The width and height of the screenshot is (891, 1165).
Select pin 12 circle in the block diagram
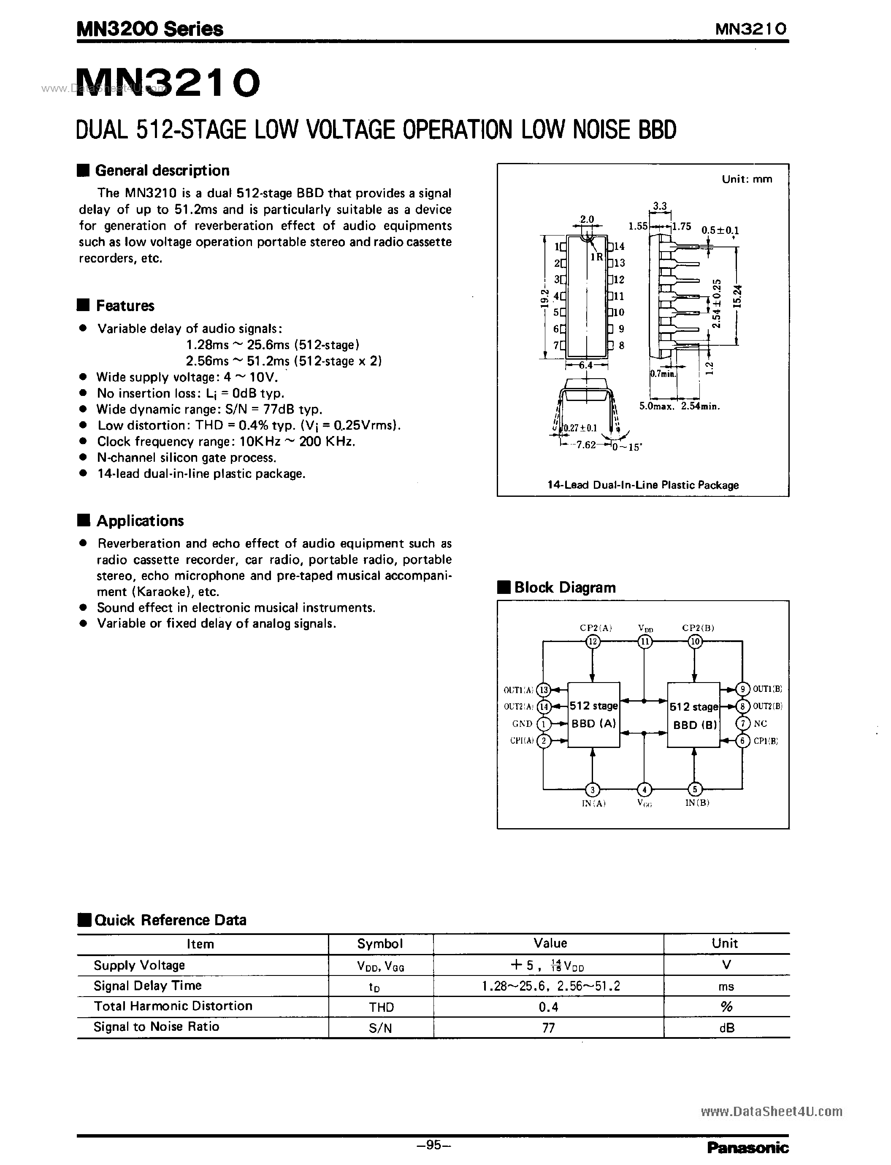(x=593, y=642)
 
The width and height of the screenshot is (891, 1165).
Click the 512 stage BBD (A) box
(x=593, y=715)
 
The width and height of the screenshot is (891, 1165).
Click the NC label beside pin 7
(x=760, y=724)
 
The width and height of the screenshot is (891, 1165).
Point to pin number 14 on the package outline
(x=619, y=247)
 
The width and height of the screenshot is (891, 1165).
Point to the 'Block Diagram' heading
(x=564, y=588)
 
